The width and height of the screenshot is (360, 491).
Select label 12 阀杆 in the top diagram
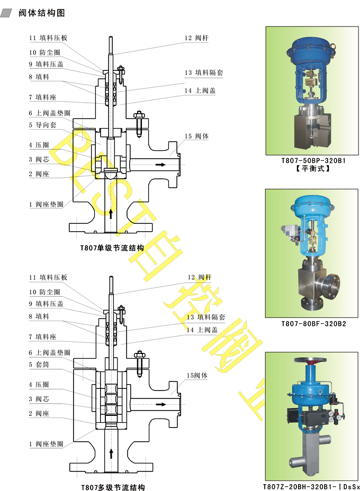(196, 38)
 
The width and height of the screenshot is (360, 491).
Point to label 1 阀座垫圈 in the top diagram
(46, 204)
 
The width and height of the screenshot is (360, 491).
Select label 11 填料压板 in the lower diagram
(48, 277)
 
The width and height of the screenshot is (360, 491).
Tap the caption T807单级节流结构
(112, 247)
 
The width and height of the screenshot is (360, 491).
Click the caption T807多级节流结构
(112, 487)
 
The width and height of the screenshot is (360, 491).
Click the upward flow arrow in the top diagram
(111, 213)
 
